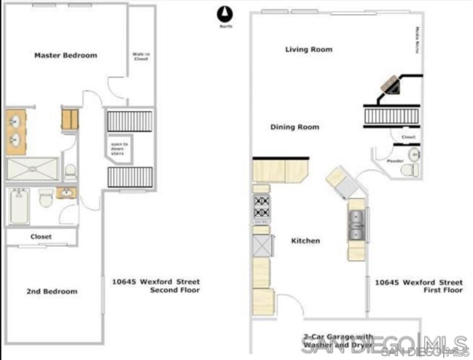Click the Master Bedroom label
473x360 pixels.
66,55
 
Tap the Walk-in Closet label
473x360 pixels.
140,56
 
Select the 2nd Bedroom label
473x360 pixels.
52,291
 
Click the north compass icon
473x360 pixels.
225,15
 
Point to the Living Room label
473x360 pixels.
309,50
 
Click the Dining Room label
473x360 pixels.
294,127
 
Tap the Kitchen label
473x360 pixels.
306,241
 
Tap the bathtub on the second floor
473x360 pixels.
19,206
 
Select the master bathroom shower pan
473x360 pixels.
32,169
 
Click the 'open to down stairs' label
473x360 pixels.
120,149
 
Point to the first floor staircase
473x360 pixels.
392,116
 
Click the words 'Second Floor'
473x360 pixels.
175,290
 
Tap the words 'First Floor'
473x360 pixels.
443,290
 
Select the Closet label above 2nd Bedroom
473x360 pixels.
41,237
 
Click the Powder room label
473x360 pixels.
395,161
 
